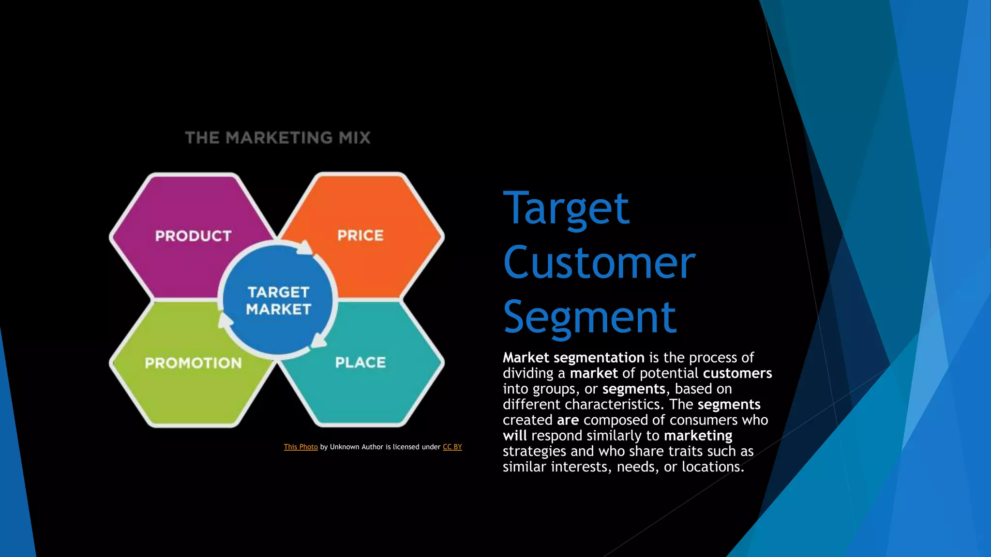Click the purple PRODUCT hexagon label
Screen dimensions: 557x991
click(x=193, y=236)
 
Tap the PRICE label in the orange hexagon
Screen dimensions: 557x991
click(x=360, y=235)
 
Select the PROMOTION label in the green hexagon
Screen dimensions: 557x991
click(x=193, y=363)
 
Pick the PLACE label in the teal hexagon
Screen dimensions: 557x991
click(x=360, y=363)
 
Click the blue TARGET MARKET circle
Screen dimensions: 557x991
click(x=278, y=300)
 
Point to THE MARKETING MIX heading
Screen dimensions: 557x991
click(x=278, y=138)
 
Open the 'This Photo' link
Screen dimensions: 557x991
click(x=300, y=447)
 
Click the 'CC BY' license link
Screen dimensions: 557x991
click(x=452, y=447)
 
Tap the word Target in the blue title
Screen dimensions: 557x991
click(x=566, y=208)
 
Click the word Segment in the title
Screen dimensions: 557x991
click(x=589, y=317)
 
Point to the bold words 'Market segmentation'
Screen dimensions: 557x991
click(x=573, y=358)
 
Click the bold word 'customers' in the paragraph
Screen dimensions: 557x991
click(x=737, y=373)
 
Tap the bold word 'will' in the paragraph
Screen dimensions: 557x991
click(x=515, y=436)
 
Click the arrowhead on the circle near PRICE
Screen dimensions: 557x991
click(x=305, y=248)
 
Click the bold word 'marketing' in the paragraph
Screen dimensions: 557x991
click(x=698, y=436)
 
